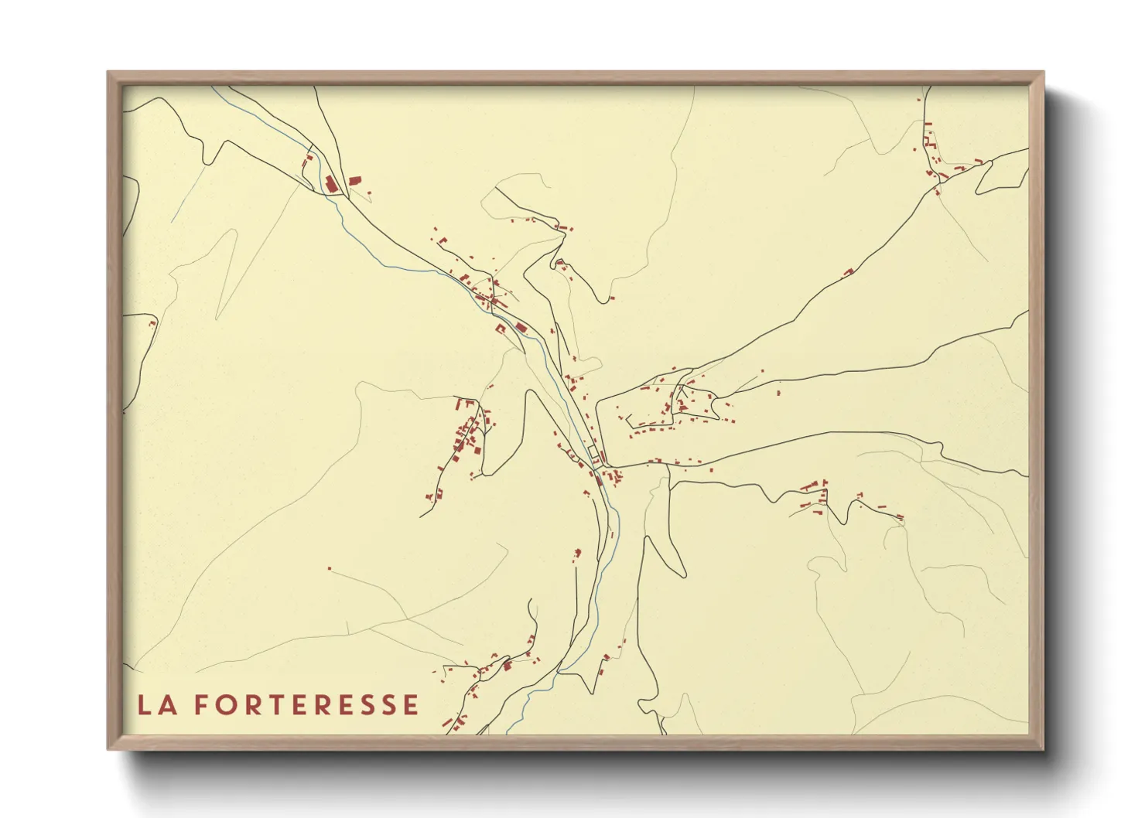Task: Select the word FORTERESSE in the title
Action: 306,705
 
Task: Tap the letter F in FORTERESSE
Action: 200,705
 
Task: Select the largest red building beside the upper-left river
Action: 331,184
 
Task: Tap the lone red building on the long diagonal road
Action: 848,272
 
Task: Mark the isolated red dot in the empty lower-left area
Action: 330,569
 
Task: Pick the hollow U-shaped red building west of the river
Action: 501,330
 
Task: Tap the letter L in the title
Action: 143,705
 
